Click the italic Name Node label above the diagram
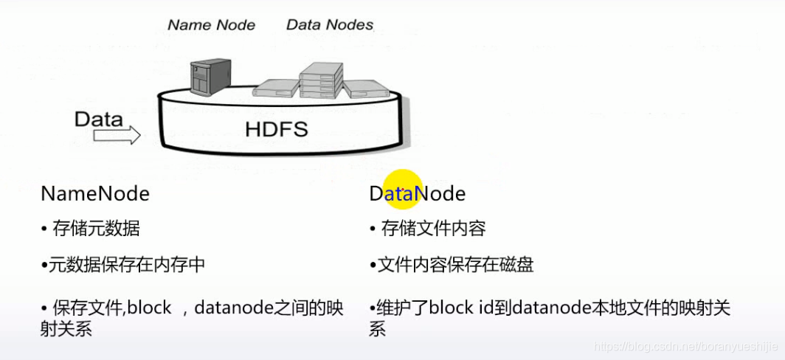(211, 24)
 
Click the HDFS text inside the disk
(277, 131)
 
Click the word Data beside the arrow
(99, 118)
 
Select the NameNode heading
(95, 194)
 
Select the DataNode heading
(418, 194)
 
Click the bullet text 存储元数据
(96, 229)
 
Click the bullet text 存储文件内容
(433, 229)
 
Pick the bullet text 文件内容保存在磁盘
(455, 265)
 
